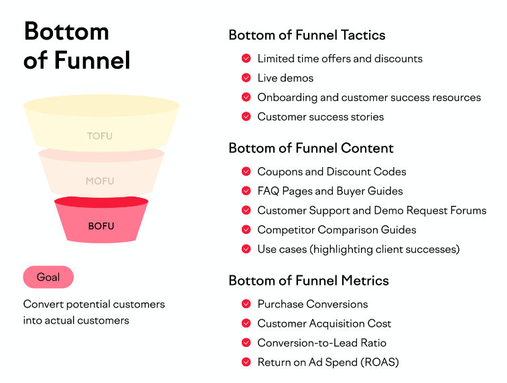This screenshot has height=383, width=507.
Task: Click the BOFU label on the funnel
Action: (101, 226)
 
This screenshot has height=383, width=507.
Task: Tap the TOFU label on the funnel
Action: (100, 136)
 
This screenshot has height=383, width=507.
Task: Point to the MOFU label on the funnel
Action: (100, 181)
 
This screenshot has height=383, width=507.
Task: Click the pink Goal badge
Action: (48, 277)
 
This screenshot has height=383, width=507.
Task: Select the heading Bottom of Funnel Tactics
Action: (307, 35)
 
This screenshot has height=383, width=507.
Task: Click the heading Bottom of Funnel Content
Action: (311, 148)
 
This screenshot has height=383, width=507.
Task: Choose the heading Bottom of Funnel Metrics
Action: (309, 280)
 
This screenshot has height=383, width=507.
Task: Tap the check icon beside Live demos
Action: (246, 78)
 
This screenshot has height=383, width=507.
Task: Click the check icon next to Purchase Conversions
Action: (246, 304)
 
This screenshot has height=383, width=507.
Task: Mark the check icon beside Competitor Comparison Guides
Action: (246, 230)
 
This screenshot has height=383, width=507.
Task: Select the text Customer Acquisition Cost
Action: (324, 324)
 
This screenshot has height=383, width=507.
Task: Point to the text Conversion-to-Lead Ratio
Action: (321, 343)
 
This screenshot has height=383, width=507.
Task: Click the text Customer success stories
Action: (320, 117)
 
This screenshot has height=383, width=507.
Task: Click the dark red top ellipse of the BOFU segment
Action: (101, 202)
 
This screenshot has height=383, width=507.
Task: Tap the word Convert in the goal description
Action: (44, 304)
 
